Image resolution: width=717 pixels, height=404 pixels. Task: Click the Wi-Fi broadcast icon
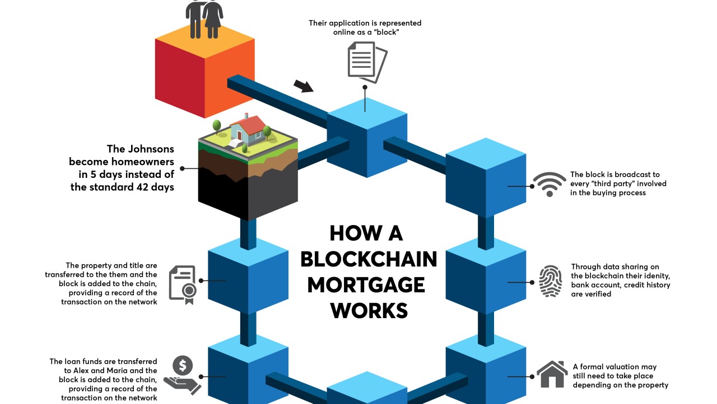550,184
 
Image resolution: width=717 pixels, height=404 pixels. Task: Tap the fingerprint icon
550,281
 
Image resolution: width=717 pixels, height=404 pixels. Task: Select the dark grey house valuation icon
552,374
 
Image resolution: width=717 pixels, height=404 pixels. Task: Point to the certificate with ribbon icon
183,284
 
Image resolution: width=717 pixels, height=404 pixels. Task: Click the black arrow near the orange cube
304,86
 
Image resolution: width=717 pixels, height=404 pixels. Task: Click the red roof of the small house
255,123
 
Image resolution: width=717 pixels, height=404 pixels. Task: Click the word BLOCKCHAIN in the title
369,259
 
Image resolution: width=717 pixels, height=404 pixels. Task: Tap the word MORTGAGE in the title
366,284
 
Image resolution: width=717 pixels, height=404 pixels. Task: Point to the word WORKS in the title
369,310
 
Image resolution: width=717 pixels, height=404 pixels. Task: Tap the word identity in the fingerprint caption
654,276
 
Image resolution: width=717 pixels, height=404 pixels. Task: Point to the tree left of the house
217,126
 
